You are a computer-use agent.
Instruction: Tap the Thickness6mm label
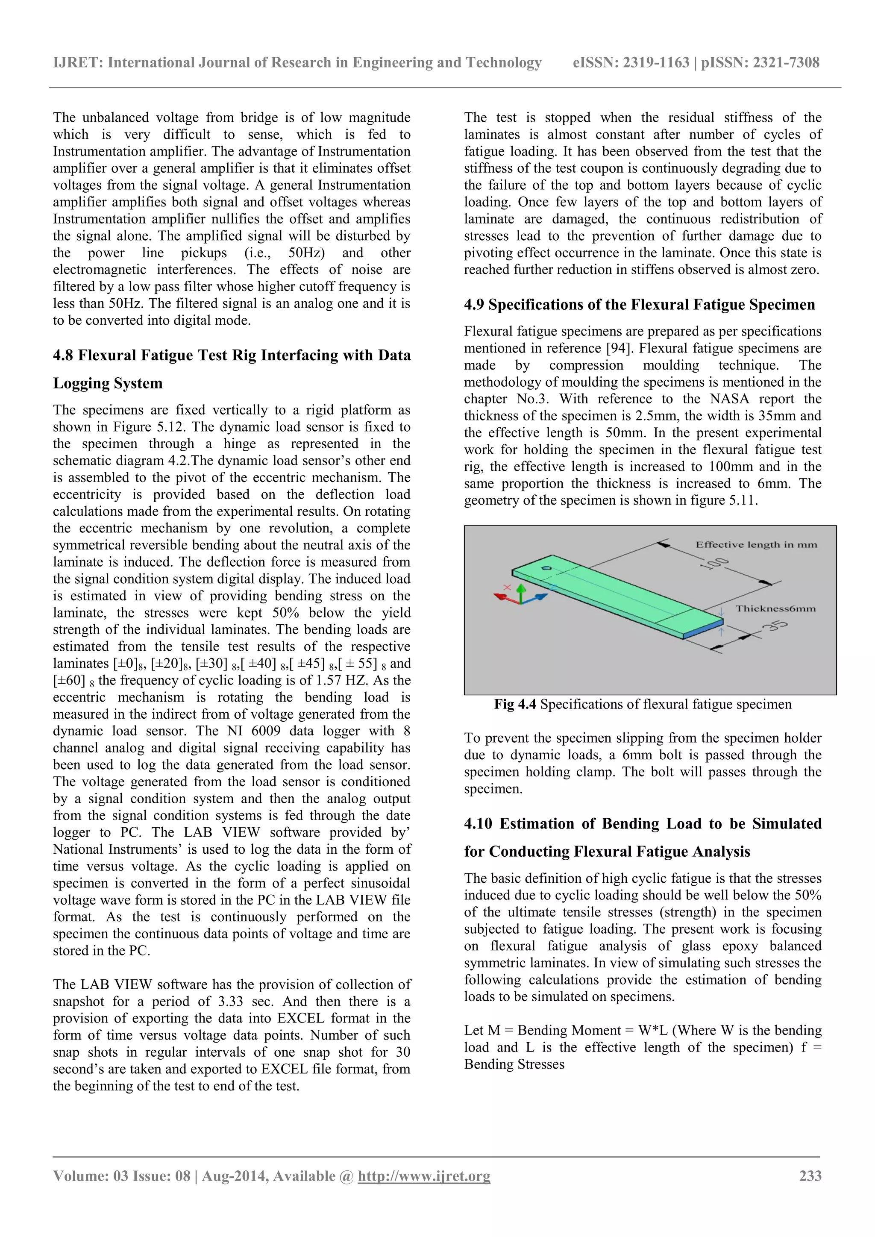coord(775,608)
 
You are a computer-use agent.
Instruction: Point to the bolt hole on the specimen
coord(546,567)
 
